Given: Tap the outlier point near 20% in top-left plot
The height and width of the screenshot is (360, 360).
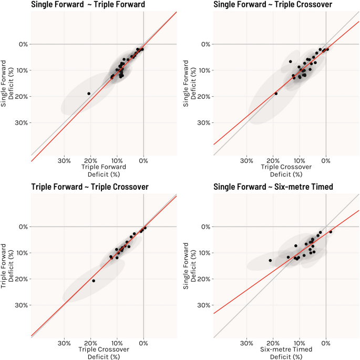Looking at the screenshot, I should click(89, 94).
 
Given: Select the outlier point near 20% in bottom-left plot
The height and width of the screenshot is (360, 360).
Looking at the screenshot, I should click(94, 281).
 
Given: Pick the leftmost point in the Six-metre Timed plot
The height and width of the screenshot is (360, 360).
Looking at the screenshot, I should click(270, 260).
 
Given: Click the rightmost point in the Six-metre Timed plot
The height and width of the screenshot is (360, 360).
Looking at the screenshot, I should click(331, 232).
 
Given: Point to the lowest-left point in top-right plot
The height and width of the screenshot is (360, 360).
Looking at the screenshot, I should click(276, 94).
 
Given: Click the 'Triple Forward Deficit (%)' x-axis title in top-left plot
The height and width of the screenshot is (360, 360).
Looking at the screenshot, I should click(104, 170).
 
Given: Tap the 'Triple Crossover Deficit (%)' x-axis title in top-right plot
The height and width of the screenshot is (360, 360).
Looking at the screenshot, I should click(286, 170).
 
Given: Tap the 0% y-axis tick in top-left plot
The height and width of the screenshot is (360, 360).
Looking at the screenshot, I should click(23, 44).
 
